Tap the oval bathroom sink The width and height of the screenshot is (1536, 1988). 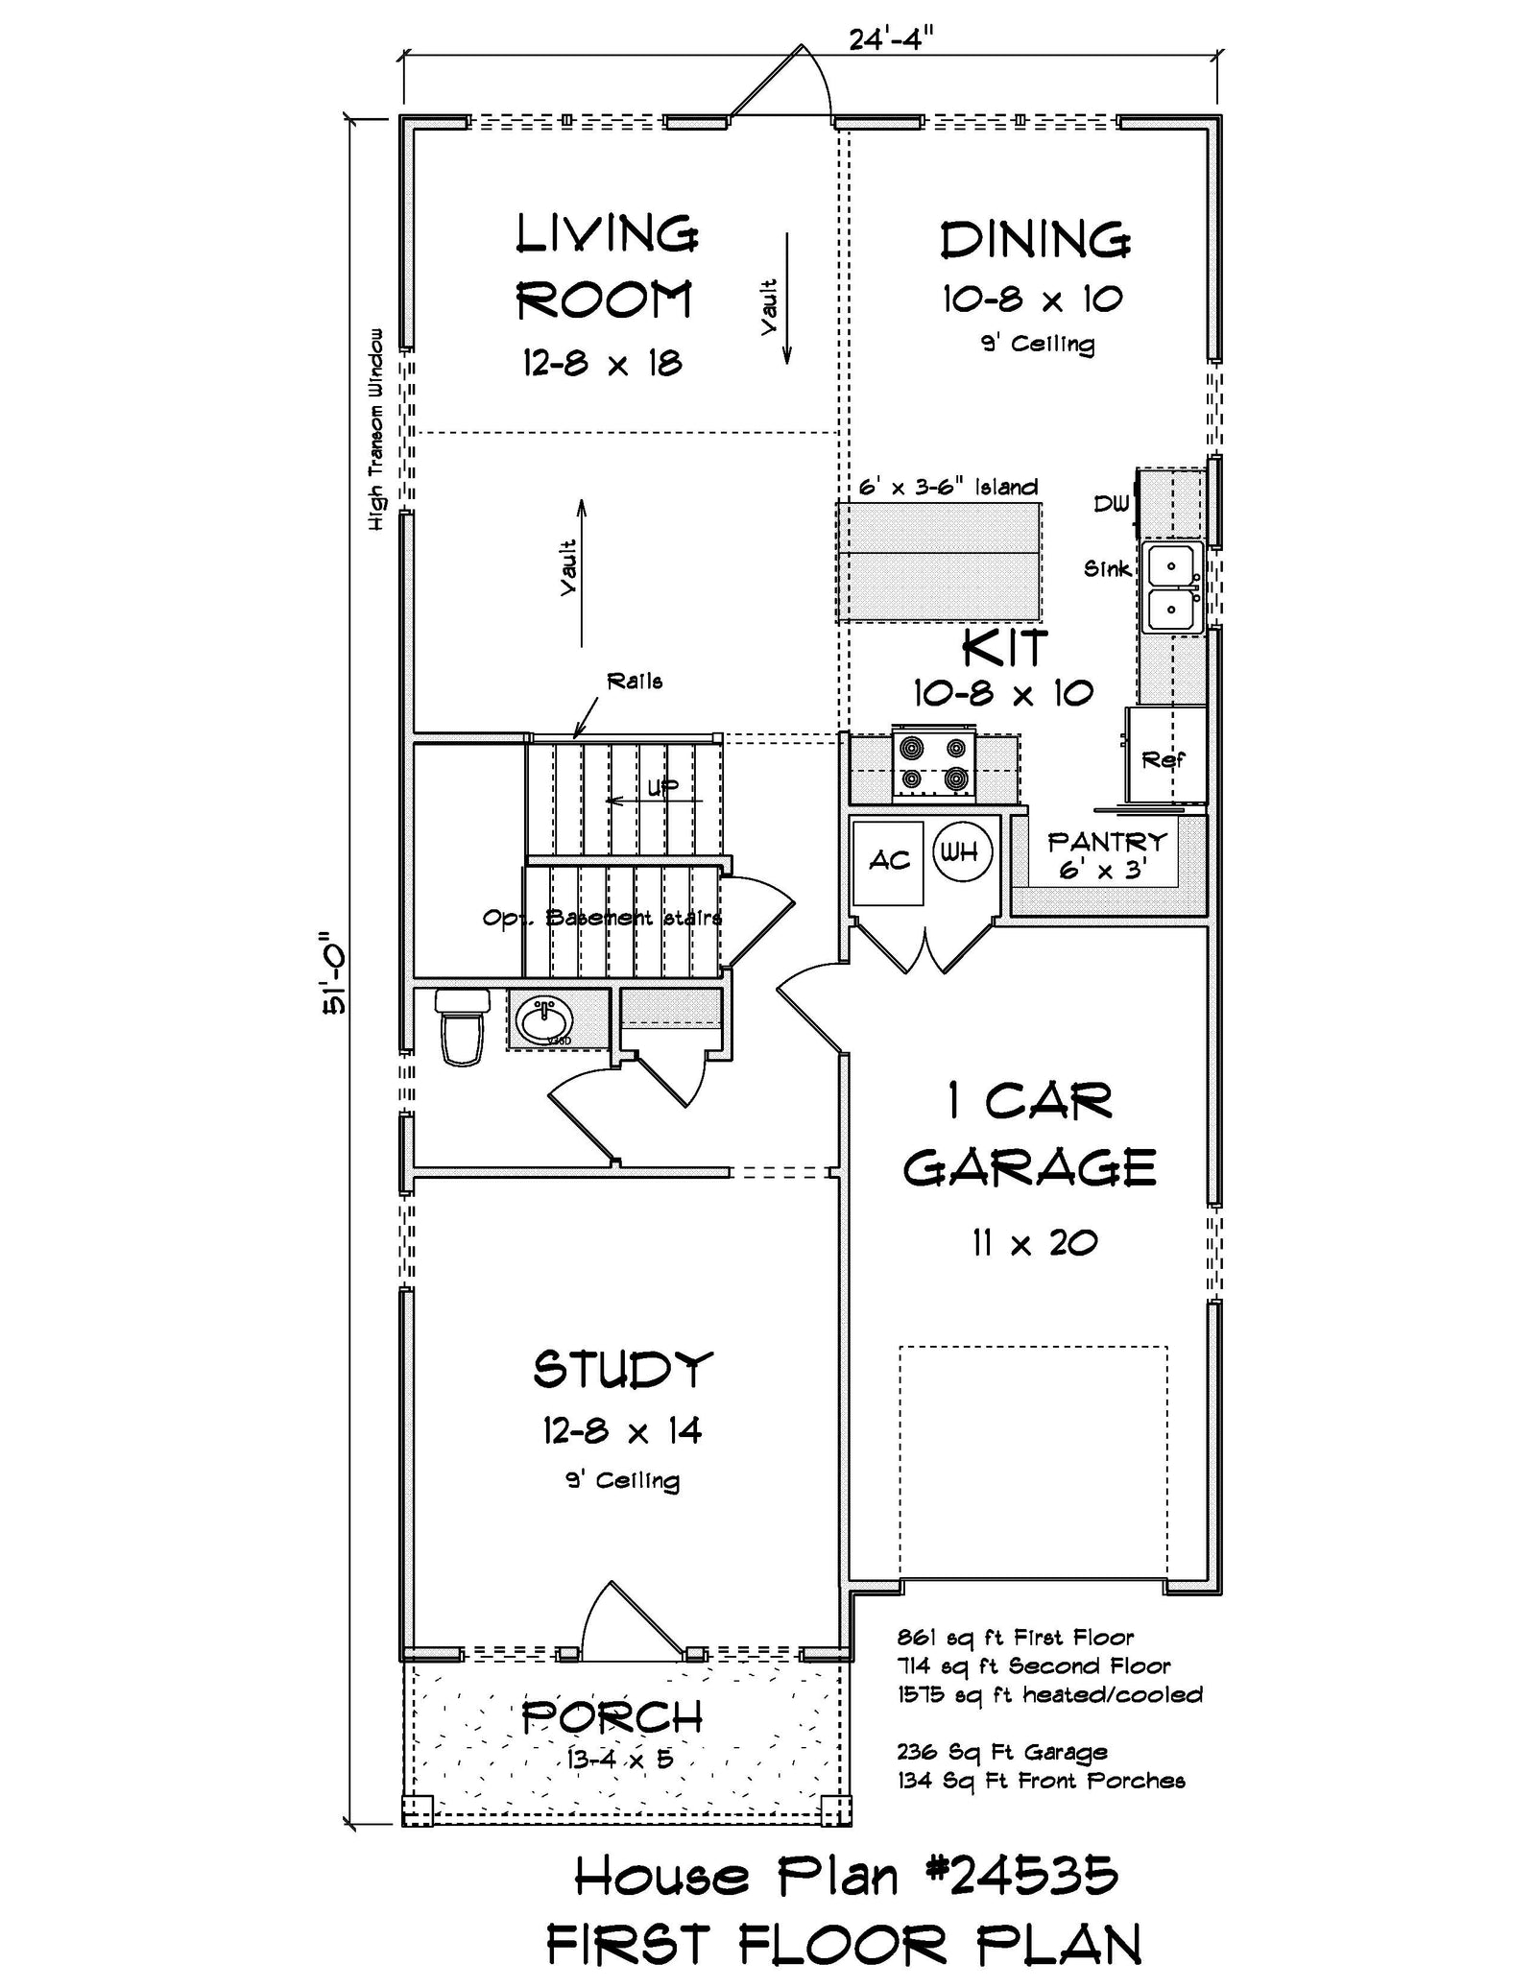pos(544,1019)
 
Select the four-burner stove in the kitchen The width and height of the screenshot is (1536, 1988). pos(933,763)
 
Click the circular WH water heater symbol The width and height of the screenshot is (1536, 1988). pos(960,850)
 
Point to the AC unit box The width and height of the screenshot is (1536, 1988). pos(888,861)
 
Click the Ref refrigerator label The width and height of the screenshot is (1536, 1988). pos(1163,760)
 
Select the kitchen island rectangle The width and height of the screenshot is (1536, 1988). pos(939,562)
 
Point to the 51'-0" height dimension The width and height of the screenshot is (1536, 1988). pos(334,972)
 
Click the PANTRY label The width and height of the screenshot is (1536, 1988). pos(1107,842)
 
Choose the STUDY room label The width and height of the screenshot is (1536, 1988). pos(623,1370)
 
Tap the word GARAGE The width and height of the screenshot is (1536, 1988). pos(1029,1168)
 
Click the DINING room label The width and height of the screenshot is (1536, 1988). pos(1035,240)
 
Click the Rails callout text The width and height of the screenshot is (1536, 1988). pos(634,682)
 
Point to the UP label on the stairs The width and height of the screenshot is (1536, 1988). pos(662,788)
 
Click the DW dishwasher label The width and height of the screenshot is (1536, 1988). pos(1112,504)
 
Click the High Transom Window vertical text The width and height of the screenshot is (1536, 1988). pos(376,429)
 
